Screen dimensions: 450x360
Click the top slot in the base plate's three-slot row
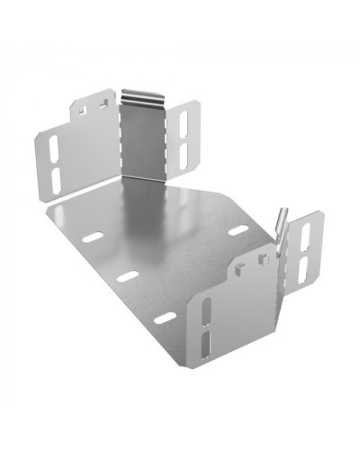[x=93, y=239]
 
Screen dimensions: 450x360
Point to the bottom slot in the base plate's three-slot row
[x=165, y=318]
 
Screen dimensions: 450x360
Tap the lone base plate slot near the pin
[x=238, y=231]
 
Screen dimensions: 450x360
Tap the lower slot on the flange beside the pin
[x=301, y=265]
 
